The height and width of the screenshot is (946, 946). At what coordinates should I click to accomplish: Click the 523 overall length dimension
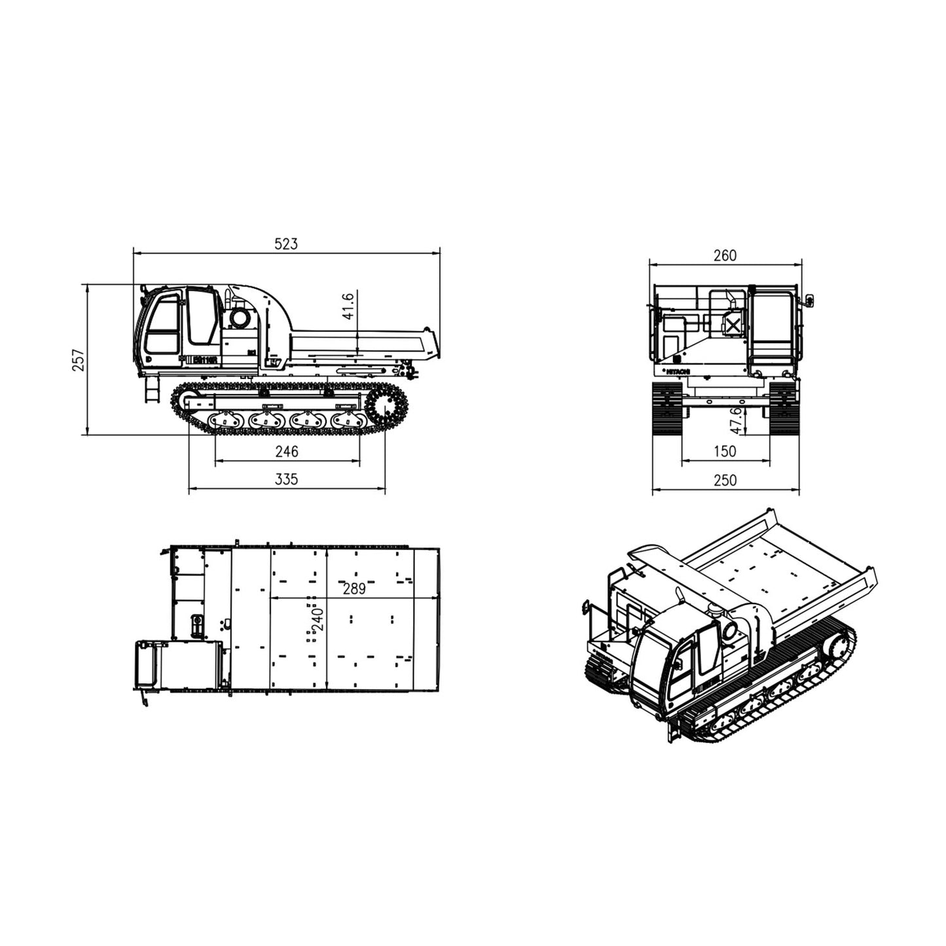[285, 244]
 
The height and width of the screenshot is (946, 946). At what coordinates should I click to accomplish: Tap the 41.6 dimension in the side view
[348, 306]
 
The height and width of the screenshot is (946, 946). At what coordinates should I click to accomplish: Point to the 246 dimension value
[286, 452]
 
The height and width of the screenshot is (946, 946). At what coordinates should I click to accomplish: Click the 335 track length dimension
[286, 480]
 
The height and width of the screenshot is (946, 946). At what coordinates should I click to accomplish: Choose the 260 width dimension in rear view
[725, 255]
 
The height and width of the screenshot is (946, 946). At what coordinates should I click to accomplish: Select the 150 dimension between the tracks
[725, 452]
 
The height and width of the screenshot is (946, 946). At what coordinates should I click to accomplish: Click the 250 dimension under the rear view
[725, 481]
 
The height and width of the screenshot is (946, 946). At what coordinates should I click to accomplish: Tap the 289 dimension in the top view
[354, 589]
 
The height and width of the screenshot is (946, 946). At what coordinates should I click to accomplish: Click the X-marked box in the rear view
[733, 325]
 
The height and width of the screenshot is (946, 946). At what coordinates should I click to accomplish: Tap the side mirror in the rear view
[810, 300]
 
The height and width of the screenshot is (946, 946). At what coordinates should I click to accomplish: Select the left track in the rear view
[667, 409]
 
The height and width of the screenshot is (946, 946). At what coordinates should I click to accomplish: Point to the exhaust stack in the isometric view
[681, 597]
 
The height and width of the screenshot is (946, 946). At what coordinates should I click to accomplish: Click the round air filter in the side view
[239, 319]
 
